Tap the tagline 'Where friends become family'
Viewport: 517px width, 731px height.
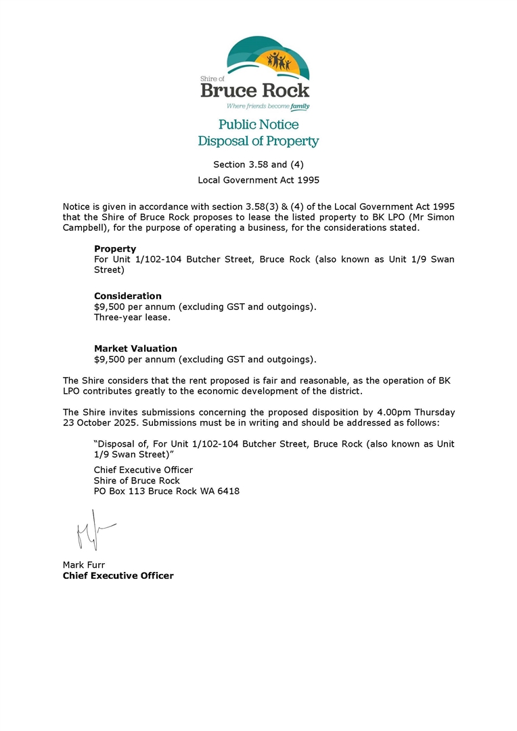click(267, 106)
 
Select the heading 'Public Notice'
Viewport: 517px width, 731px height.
click(258, 125)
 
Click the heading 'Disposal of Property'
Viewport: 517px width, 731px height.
click(258, 141)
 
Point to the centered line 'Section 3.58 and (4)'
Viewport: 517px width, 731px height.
click(258, 164)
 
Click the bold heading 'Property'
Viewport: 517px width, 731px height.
click(115, 249)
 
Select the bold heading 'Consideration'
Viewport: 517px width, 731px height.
click(127, 296)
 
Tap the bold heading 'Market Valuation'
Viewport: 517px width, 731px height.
click(135, 349)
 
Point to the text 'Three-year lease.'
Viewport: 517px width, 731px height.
click(132, 317)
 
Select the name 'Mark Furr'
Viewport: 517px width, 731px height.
click(83, 564)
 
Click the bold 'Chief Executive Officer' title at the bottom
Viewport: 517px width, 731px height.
click(118, 575)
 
